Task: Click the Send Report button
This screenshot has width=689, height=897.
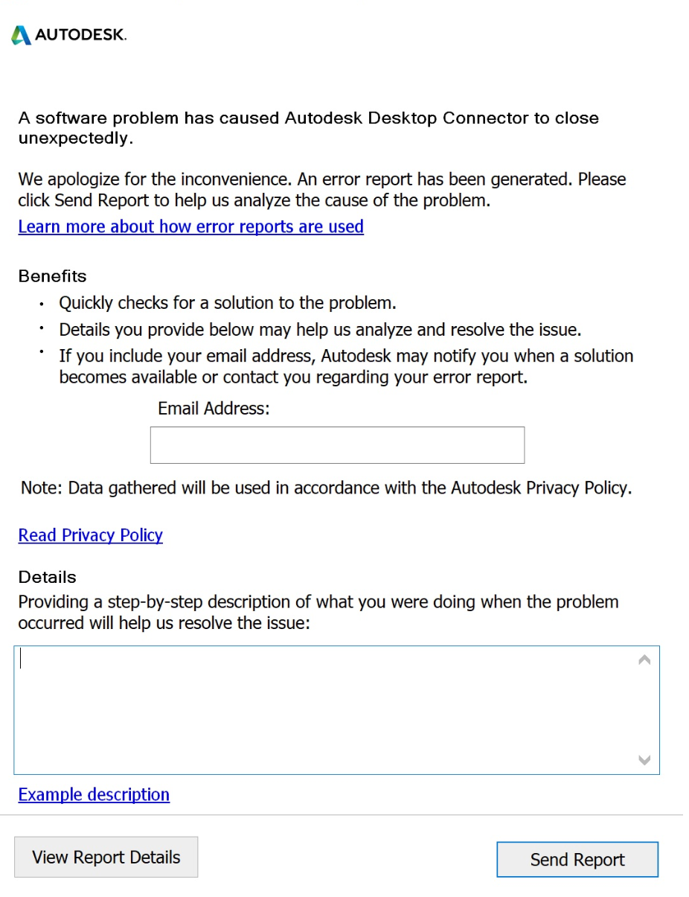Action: tap(577, 860)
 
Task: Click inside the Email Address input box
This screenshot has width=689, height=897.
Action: tap(337, 445)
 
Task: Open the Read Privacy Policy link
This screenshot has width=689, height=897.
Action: tap(90, 535)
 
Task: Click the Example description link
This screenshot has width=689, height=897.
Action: tap(94, 794)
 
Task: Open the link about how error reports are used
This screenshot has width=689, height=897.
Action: tap(190, 226)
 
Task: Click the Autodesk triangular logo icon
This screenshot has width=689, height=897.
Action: tap(21, 35)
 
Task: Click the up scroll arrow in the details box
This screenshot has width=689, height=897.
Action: tap(644, 660)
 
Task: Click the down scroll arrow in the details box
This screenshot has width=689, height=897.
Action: tap(644, 760)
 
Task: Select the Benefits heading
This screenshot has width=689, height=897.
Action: tap(52, 276)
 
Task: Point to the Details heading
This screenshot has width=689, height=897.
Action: tap(47, 577)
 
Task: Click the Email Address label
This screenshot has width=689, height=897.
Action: tap(213, 408)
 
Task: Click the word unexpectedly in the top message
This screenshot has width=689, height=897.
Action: tap(74, 138)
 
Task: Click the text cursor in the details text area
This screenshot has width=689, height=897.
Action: tap(21, 659)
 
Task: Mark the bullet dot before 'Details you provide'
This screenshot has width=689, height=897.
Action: tap(42, 328)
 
